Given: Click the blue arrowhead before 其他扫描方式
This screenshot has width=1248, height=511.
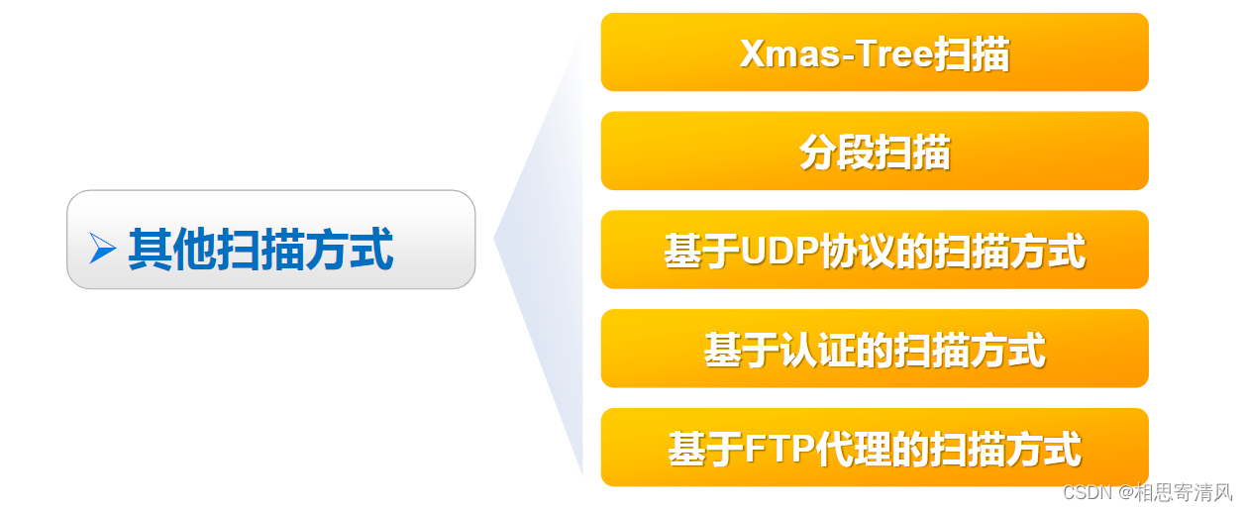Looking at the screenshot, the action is click(102, 249).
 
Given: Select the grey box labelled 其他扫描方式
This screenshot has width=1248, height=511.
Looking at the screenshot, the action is click(270, 240).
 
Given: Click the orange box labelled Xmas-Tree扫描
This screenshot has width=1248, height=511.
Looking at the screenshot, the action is click(874, 52).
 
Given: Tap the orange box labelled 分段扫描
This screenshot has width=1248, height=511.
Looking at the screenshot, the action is click(874, 152).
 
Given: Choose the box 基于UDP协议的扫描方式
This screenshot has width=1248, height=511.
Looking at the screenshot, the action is click(874, 251).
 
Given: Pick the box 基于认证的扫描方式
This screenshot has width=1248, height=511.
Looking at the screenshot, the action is click(874, 350).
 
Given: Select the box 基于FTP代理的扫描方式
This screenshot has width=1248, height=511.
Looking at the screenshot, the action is click(874, 448).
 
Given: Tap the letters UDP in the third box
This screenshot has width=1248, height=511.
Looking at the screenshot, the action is click(780, 252).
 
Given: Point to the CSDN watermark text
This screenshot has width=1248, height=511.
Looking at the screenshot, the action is click(1084, 492).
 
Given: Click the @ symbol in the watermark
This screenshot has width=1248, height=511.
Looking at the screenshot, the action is click(1121, 492).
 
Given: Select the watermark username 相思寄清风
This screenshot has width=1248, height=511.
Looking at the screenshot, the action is click(1183, 492).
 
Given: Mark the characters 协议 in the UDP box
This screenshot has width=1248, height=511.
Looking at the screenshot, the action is click(857, 252).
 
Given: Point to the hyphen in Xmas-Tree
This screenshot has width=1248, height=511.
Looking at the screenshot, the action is click(844, 55).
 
